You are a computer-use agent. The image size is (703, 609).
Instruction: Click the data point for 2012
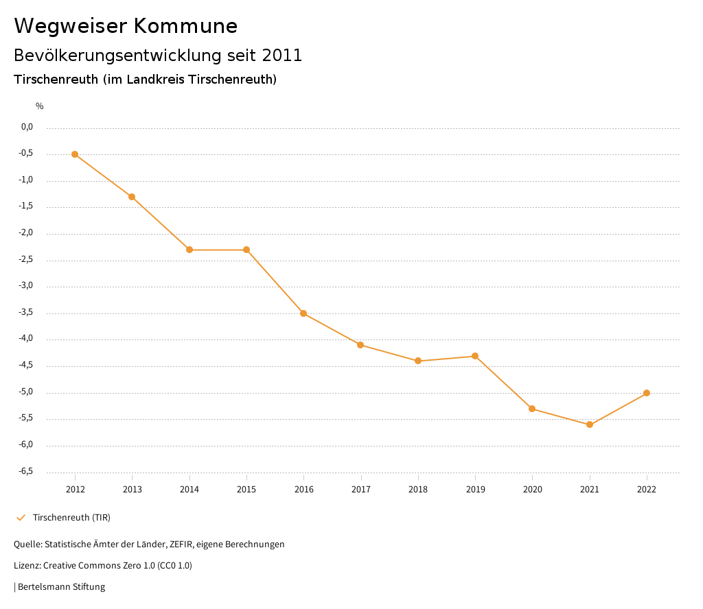pyautogui.click(x=75, y=154)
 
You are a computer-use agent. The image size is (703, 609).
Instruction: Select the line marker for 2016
pyautogui.click(x=303, y=313)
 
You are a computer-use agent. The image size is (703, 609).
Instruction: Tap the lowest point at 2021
pyautogui.click(x=590, y=425)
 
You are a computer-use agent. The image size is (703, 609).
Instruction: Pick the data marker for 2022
pyautogui.click(x=647, y=393)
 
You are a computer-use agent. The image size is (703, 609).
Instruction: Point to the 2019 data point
pyautogui.click(x=475, y=356)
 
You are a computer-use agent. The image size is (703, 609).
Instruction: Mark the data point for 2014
pyautogui.click(x=189, y=250)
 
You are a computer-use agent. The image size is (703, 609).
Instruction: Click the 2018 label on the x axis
pyautogui.click(x=418, y=489)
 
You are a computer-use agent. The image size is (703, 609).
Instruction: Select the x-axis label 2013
pyautogui.click(x=132, y=489)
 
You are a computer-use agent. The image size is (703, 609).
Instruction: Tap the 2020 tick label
pyautogui.click(x=532, y=489)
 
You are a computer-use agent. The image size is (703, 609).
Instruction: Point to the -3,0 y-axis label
pyautogui.click(x=27, y=286)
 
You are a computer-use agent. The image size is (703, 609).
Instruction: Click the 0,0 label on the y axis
pyautogui.click(x=27, y=127)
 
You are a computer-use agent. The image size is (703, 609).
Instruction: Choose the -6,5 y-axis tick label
pyautogui.click(x=27, y=471)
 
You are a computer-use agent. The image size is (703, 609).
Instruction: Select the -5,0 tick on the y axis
pyautogui.click(x=27, y=392)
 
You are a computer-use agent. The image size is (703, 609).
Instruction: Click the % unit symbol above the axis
pyautogui.click(x=40, y=106)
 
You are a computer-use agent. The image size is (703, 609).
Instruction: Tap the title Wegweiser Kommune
pyautogui.click(x=126, y=26)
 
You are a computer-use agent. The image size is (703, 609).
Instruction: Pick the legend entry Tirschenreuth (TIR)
pyautogui.click(x=71, y=517)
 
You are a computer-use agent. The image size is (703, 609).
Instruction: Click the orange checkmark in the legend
pyautogui.click(x=21, y=517)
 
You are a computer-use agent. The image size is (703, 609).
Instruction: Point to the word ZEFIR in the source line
pyautogui.click(x=181, y=545)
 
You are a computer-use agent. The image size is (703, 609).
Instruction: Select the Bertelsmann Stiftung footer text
pyautogui.click(x=61, y=587)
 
